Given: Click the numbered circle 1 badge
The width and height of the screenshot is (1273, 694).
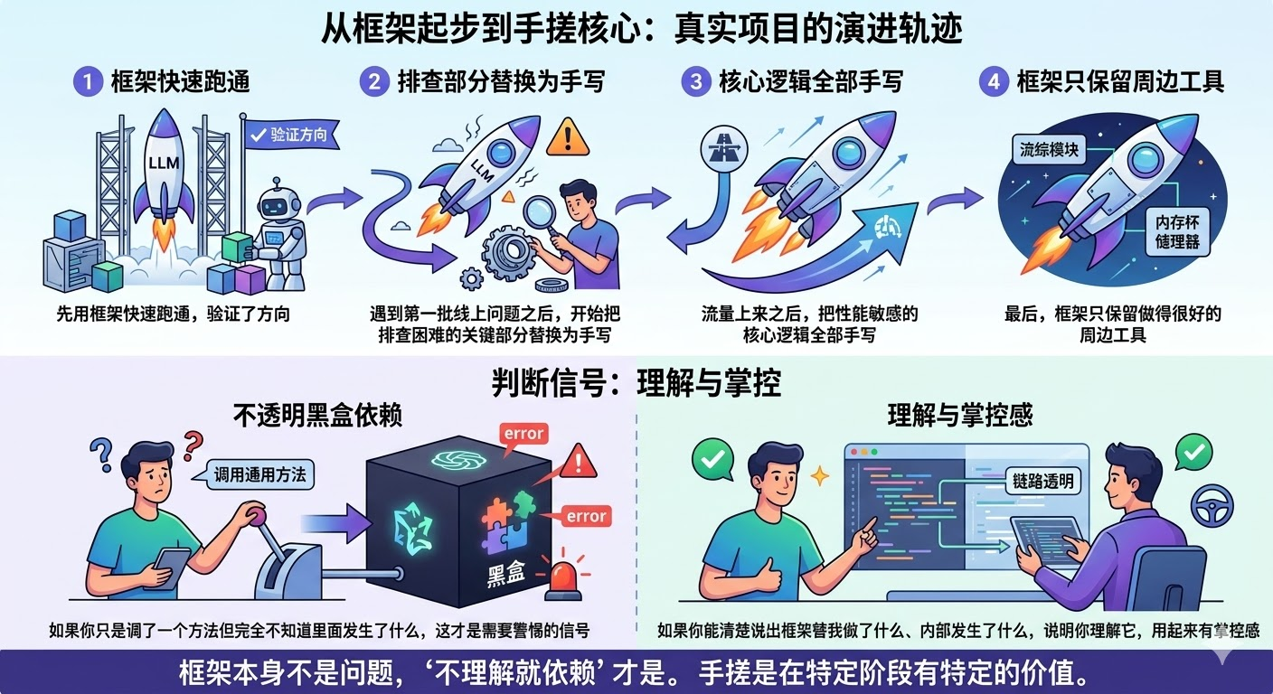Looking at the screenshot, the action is [x=88, y=81].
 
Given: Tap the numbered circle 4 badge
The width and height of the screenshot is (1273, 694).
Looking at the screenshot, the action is [x=994, y=81].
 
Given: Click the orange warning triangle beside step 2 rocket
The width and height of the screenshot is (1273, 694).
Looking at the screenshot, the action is [x=567, y=136].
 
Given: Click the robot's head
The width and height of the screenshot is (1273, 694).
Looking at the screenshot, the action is [x=278, y=203].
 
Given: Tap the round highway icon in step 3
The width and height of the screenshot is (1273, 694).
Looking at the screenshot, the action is [x=724, y=149].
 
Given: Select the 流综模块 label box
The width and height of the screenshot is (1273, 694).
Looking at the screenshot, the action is [x=1049, y=150].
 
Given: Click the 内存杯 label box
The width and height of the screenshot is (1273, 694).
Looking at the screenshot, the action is [x=1177, y=231].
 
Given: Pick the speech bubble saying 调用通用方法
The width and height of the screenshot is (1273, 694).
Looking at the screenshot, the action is [x=257, y=474].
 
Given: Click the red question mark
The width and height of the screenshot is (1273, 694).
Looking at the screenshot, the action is [x=193, y=446].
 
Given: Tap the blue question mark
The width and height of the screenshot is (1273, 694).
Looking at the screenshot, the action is [x=102, y=455].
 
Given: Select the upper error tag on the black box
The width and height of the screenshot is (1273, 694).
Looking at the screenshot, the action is [x=523, y=435].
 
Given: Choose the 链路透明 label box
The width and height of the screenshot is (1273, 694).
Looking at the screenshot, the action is [x=1043, y=482].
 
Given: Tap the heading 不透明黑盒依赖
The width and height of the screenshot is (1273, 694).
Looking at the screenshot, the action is [x=318, y=416].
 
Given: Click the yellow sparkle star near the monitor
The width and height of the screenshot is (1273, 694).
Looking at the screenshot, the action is [x=819, y=476].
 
